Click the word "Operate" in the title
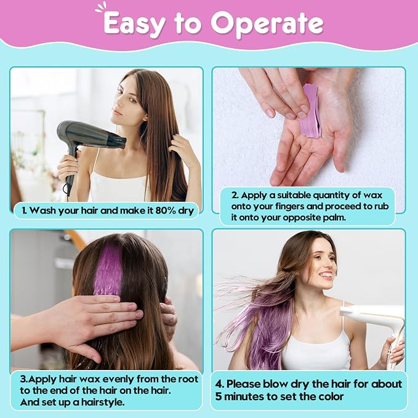(267, 23)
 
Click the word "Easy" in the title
(133, 24)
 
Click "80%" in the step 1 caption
(166, 211)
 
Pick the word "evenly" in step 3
(119, 379)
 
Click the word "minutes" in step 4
(246, 396)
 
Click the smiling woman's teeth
(326, 275)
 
